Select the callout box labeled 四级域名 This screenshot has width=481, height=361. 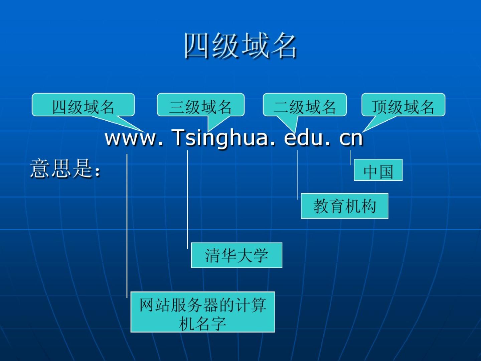pos(83,105)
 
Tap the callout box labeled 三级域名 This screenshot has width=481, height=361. pos(200,105)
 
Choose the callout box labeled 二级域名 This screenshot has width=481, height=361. pos(305,105)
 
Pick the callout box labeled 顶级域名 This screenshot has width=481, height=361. pos(403,105)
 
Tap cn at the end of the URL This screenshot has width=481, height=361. pos(351,139)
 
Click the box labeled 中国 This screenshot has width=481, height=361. pos(378,170)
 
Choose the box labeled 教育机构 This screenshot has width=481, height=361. pos(344,206)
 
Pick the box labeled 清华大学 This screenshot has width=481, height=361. pos(237,255)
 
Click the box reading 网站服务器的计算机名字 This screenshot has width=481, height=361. pos(203,312)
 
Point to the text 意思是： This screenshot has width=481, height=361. pos(65,168)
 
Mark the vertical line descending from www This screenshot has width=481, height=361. pos(127,226)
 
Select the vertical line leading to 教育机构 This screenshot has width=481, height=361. pos(297,175)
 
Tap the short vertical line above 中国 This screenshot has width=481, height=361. pos(350,157)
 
